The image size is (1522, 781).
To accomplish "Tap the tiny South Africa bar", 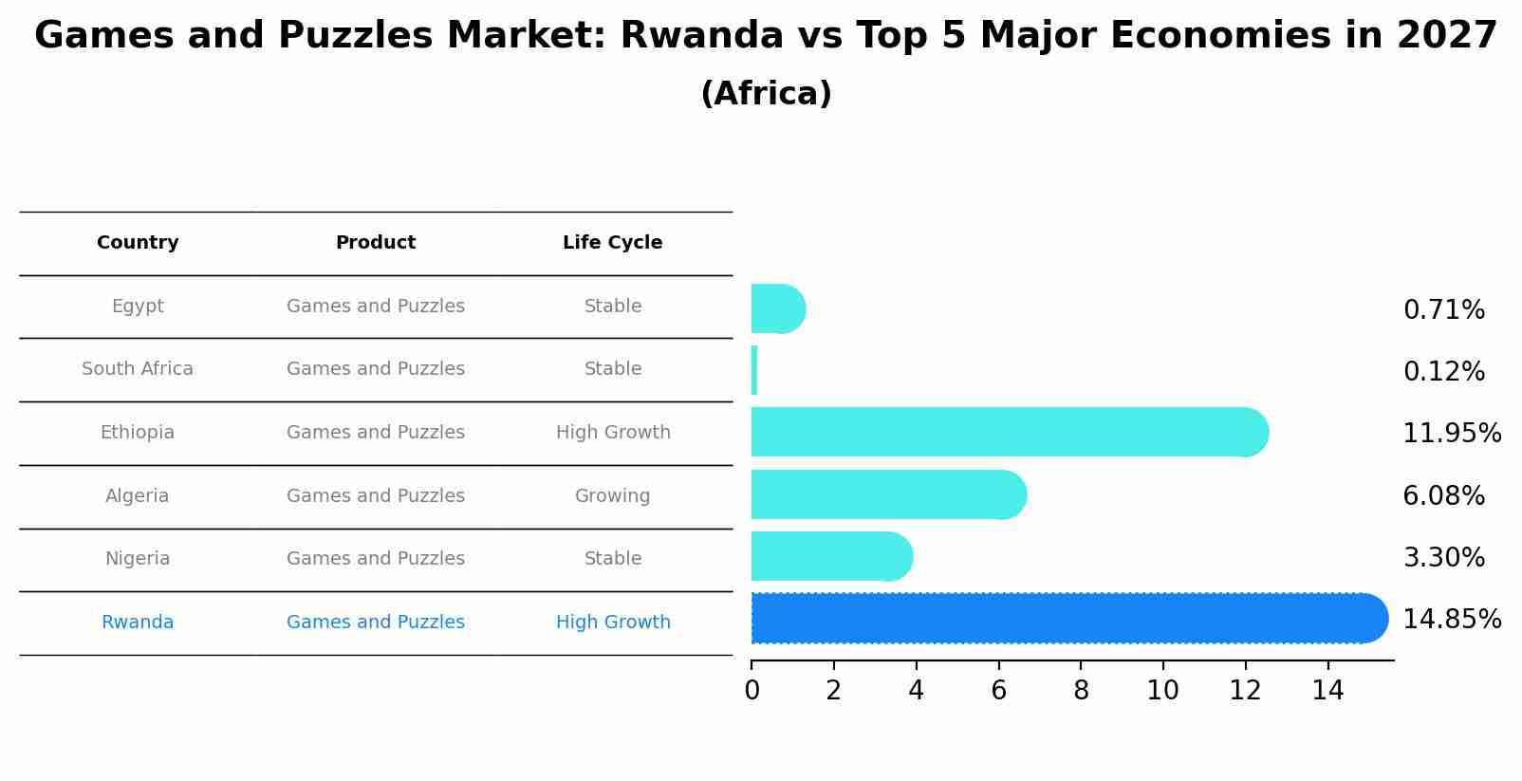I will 754,370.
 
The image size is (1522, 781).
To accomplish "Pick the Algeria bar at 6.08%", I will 887,494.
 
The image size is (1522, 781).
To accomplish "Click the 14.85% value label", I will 1451,620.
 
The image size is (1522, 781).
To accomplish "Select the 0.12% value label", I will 1443,372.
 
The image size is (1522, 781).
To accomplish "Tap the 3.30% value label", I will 1443,558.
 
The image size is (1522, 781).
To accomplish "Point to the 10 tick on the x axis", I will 1162,691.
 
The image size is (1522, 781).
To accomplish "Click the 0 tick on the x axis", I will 752,691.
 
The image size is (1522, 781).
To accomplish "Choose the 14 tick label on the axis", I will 1327,691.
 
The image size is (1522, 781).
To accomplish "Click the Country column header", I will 138,243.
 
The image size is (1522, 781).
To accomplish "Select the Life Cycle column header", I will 612,243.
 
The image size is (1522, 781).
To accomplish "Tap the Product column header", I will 376,243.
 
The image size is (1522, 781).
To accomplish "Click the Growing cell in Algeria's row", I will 612,496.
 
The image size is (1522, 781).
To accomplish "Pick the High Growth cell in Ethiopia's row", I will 613,433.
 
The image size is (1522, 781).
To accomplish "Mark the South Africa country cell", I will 138,369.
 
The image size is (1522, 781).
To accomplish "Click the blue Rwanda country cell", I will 138,623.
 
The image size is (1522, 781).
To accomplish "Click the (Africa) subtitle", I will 766,94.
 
